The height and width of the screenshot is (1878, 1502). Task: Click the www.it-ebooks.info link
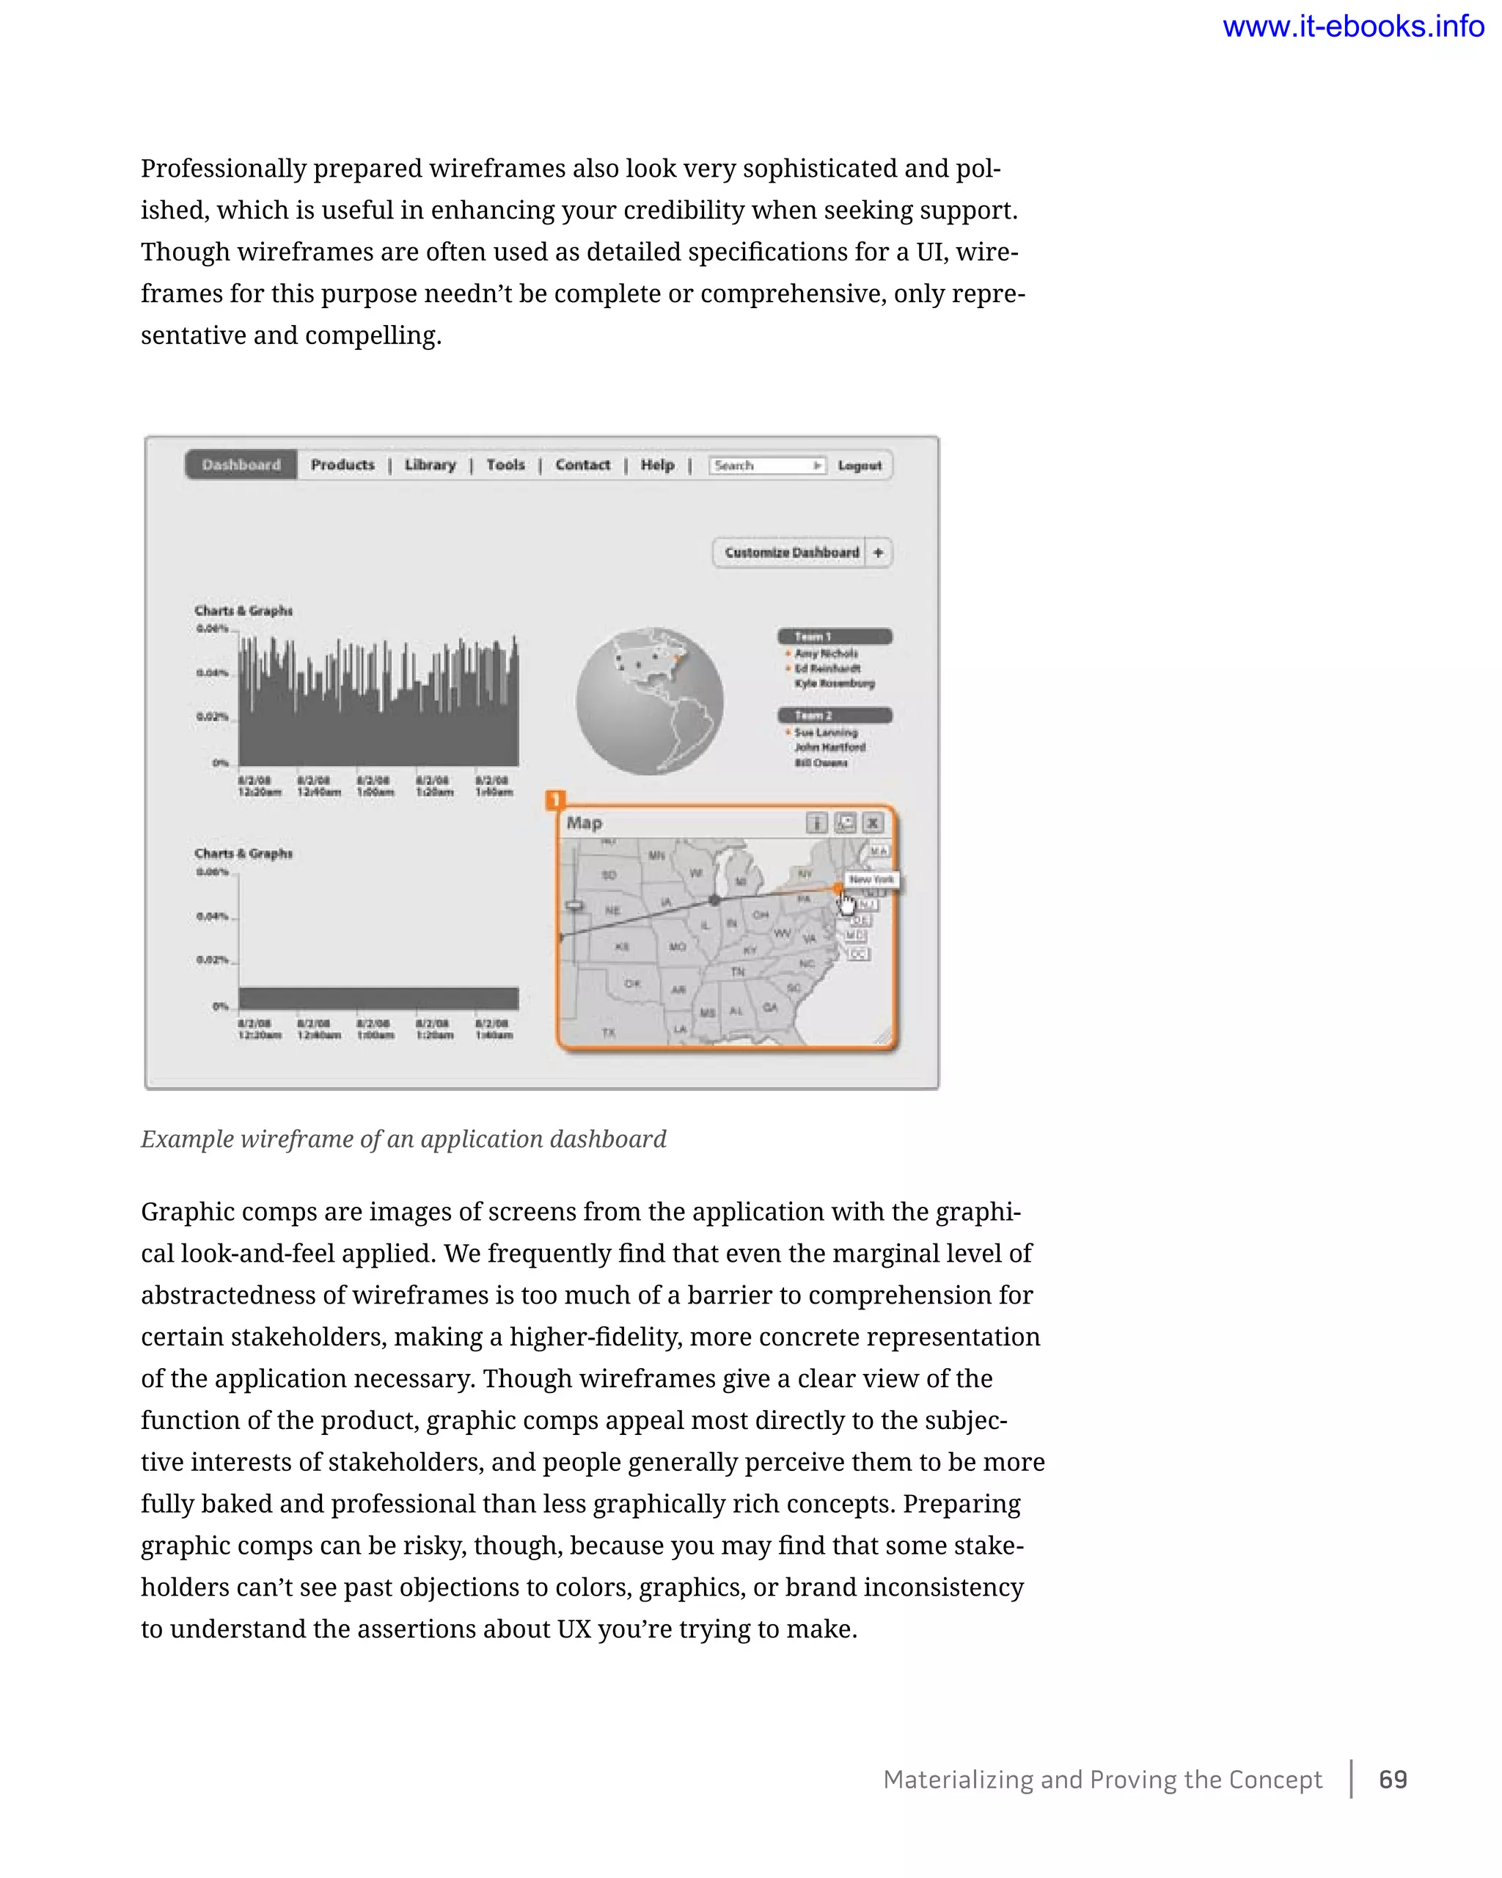(x=1352, y=27)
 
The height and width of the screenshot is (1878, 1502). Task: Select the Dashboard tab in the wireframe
(x=241, y=465)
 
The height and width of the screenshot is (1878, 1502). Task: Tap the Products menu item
(x=342, y=465)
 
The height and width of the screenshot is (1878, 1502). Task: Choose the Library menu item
(x=430, y=465)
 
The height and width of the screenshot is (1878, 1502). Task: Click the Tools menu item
(x=505, y=465)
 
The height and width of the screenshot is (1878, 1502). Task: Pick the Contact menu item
(x=582, y=465)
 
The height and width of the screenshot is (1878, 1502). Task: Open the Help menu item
(x=657, y=465)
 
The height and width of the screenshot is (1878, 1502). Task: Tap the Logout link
(x=860, y=466)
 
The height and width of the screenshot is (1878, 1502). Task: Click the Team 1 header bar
(x=834, y=637)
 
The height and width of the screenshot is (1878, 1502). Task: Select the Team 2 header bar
(x=834, y=715)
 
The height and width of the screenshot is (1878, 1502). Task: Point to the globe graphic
(x=650, y=701)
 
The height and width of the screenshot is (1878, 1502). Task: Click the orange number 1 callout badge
(x=554, y=800)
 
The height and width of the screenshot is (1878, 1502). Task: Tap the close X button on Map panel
(x=873, y=823)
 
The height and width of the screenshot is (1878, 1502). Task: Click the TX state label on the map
(x=609, y=1033)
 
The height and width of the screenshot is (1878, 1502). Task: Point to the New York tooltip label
(x=871, y=880)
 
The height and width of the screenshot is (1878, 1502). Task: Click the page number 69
(x=1392, y=1780)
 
